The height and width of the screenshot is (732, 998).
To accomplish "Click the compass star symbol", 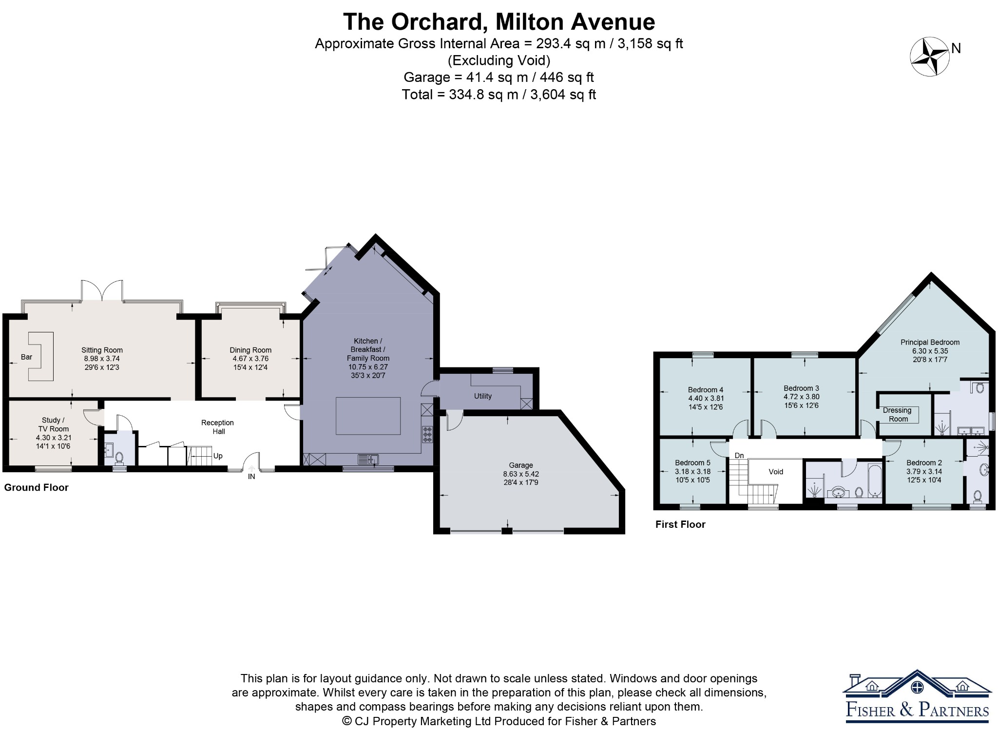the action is click(930, 57).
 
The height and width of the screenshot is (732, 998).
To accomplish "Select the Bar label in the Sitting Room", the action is click(26, 357).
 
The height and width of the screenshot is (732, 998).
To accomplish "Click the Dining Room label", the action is click(250, 350).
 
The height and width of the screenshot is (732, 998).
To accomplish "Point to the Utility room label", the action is click(483, 396).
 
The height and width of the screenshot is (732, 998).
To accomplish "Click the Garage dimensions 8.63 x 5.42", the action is click(521, 474).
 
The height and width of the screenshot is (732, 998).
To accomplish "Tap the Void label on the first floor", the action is click(776, 471).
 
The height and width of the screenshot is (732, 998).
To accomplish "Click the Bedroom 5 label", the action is click(692, 462).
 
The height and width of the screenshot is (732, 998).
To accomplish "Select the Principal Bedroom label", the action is click(930, 342).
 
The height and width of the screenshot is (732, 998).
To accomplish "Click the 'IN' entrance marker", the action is click(251, 477).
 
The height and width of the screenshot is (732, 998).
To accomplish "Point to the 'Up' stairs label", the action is click(218, 456).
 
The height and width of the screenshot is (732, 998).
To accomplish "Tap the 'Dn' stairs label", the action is click(739, 456).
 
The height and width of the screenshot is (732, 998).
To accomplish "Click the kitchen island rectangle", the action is click(368, 416).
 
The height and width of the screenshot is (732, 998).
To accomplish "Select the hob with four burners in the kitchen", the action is click(427, 434).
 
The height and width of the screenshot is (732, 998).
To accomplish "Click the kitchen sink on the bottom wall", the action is click(368, 459).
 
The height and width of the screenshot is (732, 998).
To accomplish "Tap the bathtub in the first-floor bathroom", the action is click(875, 481).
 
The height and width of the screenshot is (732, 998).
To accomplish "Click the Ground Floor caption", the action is click(36, 487).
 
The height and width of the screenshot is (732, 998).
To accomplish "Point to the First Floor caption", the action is click(680, 524).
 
